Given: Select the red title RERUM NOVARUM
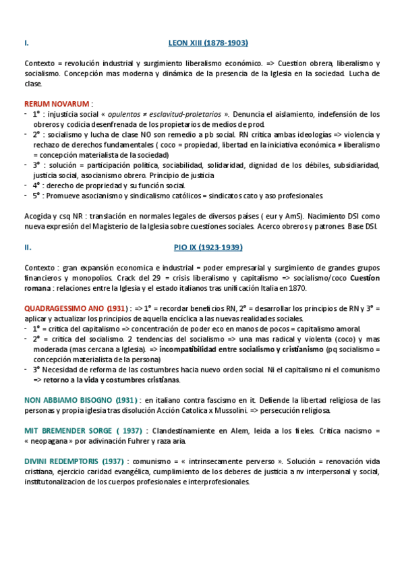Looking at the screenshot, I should [x=56, y=104].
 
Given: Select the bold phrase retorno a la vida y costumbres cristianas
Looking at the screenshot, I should [x=149, y=380].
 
